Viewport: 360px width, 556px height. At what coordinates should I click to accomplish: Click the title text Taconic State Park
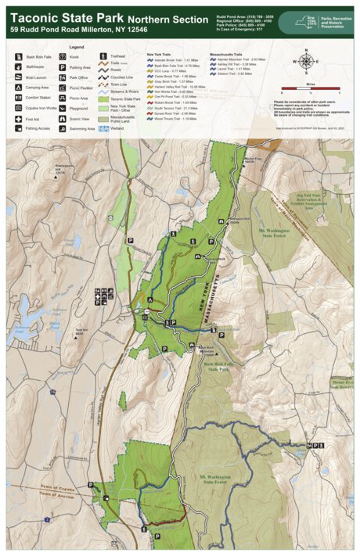click(66, 17)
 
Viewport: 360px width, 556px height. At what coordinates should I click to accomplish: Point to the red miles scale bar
click(306, 88)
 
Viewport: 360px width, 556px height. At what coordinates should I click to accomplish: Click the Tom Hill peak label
click(78, 330)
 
